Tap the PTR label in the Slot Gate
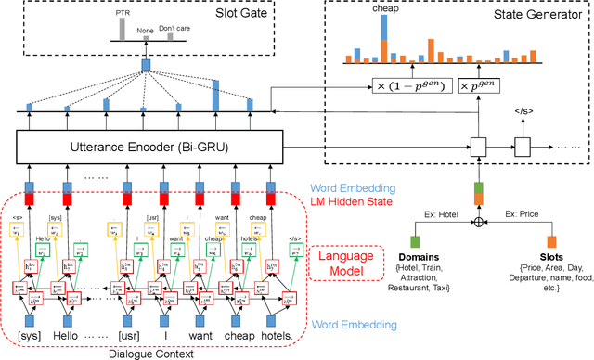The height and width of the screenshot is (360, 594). [x=123, y=16]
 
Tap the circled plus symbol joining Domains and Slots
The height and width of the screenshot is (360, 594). [x=479, y=223]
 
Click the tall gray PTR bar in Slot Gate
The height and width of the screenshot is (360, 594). [x=123, y=32]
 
